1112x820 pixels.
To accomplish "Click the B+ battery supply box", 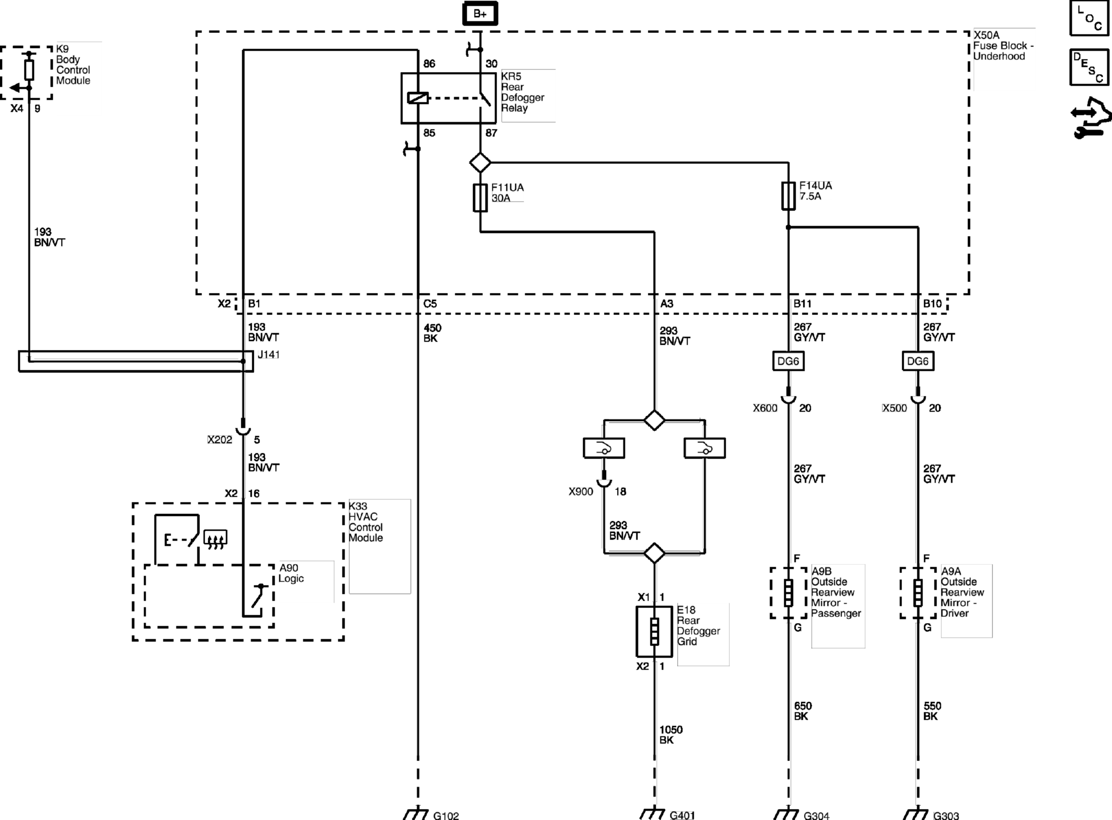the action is coord(480,14).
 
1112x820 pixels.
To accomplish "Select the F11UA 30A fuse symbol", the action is coord(480,197).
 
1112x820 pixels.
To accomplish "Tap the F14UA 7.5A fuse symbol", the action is coord(788,196).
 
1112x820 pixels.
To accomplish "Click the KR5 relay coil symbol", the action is coord(418,98).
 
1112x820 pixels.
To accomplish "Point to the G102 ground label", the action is coord(446,815).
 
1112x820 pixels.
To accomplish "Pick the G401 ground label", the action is coord(682,815).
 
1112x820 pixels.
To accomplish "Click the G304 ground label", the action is coord(817,815).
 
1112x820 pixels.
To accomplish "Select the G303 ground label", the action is coord(946,815).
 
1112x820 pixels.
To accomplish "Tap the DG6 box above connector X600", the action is coord(788,361).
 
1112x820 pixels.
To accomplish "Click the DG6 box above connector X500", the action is coord(918,361).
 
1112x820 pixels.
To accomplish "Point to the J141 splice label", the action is coord(268,355).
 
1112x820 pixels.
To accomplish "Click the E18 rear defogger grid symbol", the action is coord(654,631).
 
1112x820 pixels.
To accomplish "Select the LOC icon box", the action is coord(1089,18).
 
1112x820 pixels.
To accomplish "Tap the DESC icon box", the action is coord(1089,67).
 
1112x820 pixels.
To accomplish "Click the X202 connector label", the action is coord(220,440).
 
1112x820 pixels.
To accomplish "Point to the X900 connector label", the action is coord(581,491).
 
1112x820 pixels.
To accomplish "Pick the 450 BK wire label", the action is coord(432,333).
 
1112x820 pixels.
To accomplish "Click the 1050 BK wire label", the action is coord(671,734).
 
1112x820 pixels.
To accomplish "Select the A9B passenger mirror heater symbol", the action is coord(788,593).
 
